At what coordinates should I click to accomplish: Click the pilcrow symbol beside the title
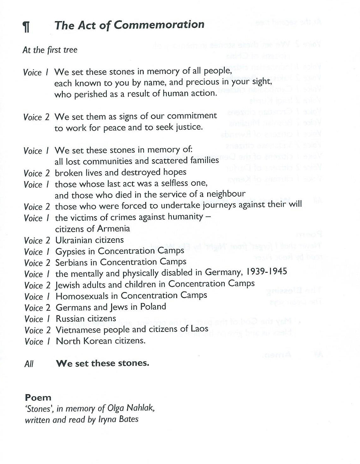(x=27, y=26)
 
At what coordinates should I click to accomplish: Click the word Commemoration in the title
(x=159, y=25)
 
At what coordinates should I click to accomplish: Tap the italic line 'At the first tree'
(x=50, y=50)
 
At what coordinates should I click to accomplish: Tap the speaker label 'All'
(x=29, y=364)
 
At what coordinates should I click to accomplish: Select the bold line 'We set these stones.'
(x=102, y=363)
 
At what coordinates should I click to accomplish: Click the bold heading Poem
(x=38, y=397)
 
